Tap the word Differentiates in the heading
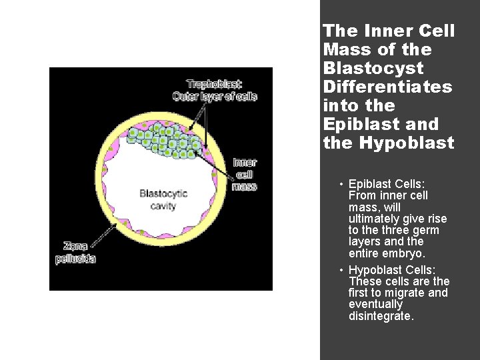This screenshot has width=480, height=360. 387,87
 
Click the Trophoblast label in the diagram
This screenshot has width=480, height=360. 215,84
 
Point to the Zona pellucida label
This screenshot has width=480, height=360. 75,253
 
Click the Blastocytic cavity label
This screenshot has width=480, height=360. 163,199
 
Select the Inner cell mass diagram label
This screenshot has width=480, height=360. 245,174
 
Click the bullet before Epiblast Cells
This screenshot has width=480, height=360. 340,185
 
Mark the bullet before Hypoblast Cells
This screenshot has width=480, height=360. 340,270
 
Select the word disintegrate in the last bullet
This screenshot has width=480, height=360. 381,316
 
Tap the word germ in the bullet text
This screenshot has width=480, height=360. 426,230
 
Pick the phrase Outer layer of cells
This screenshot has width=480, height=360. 215,96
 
